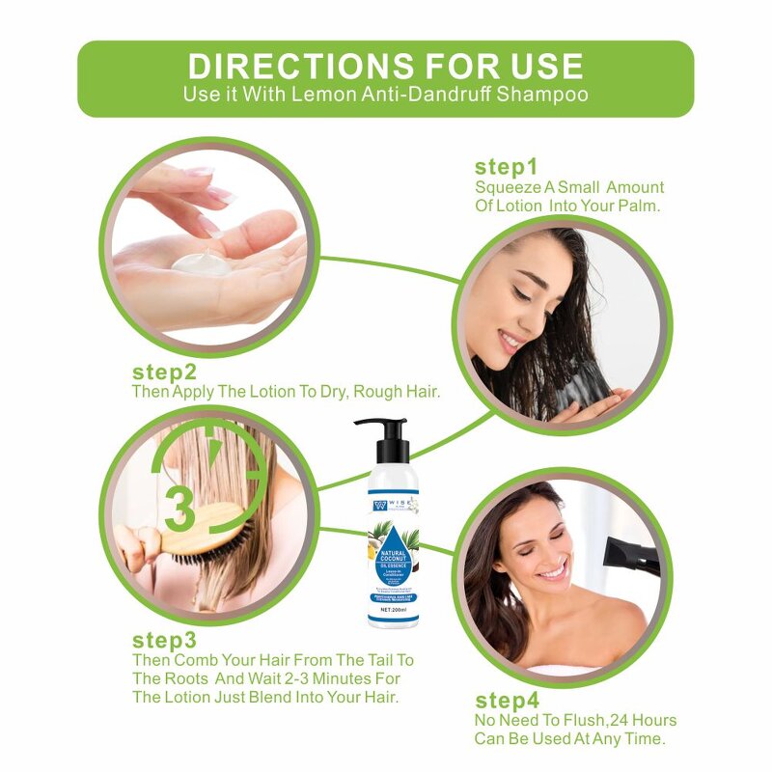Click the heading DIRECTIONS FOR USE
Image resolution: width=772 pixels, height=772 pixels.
385,66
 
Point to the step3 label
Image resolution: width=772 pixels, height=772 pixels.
164,640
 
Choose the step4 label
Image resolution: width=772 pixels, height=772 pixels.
507,701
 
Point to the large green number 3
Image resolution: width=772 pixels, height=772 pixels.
179,507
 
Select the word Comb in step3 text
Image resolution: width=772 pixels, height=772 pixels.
196,660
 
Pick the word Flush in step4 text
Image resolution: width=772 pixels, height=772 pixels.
581,721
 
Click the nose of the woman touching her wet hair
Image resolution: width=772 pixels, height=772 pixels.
508,311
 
